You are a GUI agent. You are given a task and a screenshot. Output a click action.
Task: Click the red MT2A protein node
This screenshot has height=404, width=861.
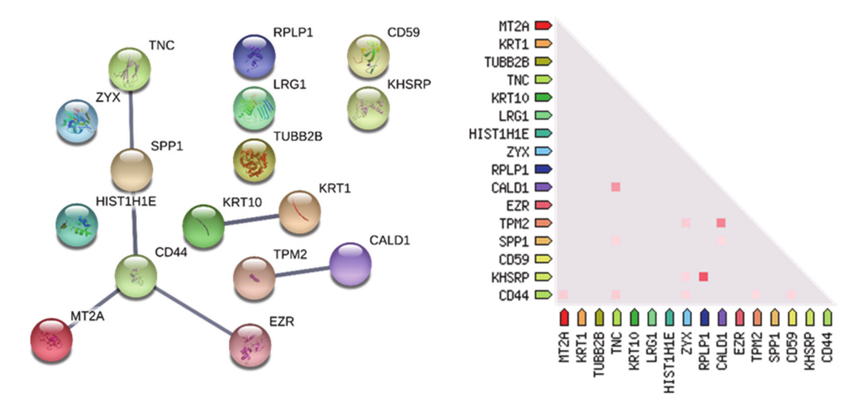pyautogui.click(x=52, y=340)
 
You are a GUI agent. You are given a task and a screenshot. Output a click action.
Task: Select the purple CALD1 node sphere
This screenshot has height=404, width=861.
pyautogui.click(x=350, y=264)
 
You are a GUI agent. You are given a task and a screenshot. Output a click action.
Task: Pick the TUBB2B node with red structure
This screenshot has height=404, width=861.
pyautogui.click(x=254, y=160)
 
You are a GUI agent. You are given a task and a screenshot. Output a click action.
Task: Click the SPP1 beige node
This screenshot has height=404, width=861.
pyautogui.click(x=132, y=170)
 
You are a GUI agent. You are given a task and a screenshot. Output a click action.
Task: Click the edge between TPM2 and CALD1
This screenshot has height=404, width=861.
pyautogui.click(x=302, y=271)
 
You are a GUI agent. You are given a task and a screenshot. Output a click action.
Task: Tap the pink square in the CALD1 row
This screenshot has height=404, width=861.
pyautogui.click(x=615, y=187)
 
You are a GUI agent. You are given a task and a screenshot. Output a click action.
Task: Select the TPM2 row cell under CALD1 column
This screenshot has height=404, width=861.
pyautogui.click(x=721, y=223)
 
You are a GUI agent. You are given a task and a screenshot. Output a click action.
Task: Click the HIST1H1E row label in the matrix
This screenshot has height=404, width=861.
pyautogui.click(x=499, y=134)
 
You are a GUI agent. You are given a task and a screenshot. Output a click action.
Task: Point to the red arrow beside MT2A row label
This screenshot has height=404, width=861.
pyautogui.click(x=543, y=25)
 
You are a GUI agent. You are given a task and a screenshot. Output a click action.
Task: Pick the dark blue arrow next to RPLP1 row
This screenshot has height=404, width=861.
pyautogui.click(x=543, y=169)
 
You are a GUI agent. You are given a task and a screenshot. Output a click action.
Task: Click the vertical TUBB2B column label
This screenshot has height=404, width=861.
pyautogui.click(x=599, y=354)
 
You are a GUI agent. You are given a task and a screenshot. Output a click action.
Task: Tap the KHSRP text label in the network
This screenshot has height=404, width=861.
pyautogui.click(x=409, y=84)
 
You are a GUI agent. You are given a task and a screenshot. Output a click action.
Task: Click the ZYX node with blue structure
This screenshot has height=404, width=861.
pyautogui.click(x=77, y=121)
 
